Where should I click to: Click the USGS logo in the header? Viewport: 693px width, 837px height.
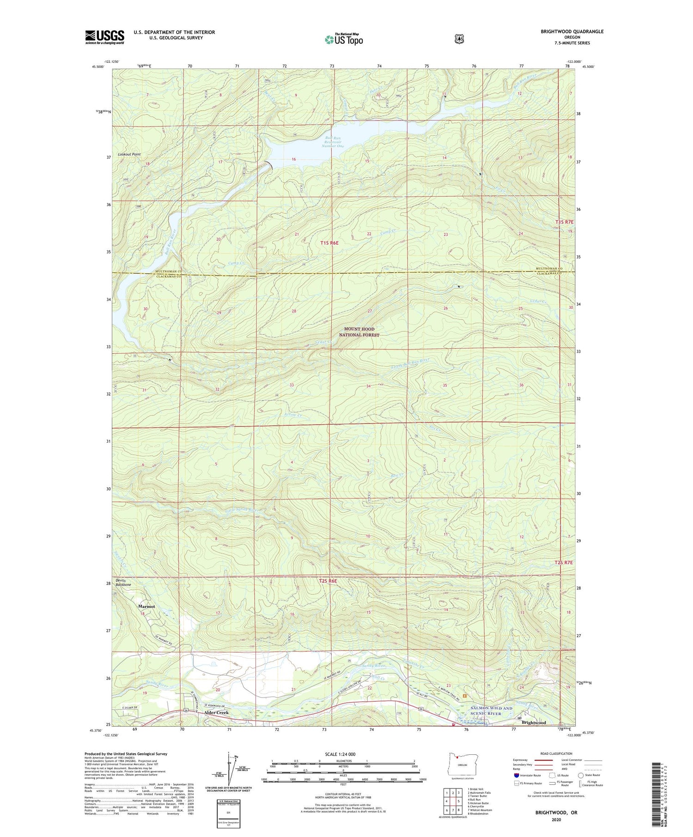pyautogui.click(x=105, y=37)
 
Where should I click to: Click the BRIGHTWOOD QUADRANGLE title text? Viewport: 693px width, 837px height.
pyautogui.click(x=572, y=31)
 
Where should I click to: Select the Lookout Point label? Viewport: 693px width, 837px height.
pyautogui.click(x=129, y=154)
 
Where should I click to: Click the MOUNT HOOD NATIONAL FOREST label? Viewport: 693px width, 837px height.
pyautogui.click(x=359, y=332)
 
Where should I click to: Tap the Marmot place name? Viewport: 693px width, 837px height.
pyautogui.click(x=146, y=606)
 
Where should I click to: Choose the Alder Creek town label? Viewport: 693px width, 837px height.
pyautogui.click(x=216, y=712)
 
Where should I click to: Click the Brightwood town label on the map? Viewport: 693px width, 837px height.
pyautogui.click(x=534, y=723)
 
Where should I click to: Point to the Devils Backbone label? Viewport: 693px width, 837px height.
pyautogui.click(x=123, y=583)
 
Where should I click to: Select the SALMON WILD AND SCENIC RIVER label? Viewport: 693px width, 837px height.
pyautogui.click(x=491, y=711)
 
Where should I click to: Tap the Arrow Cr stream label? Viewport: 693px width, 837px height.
pyautogui.click(x=292, y=415)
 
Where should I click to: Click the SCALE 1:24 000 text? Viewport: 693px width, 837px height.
pyautogui.click(x=340, y=754)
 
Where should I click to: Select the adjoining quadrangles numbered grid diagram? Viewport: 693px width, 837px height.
pyautogui.click(x=451, y=801)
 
